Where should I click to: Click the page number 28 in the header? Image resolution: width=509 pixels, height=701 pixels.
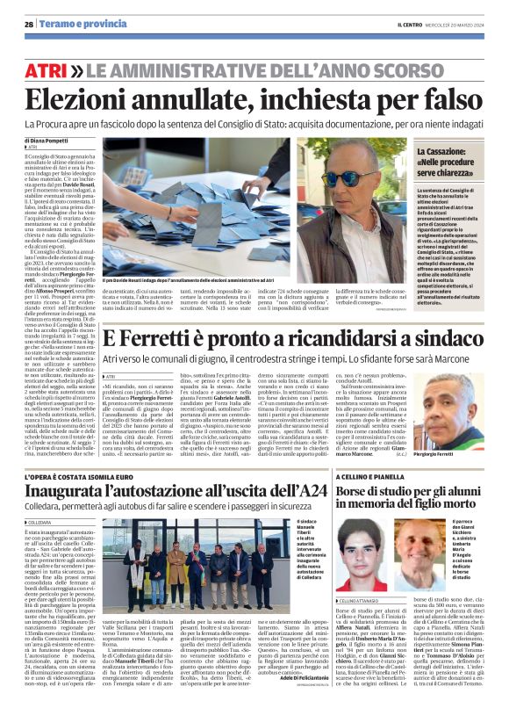tap(29, 25)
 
